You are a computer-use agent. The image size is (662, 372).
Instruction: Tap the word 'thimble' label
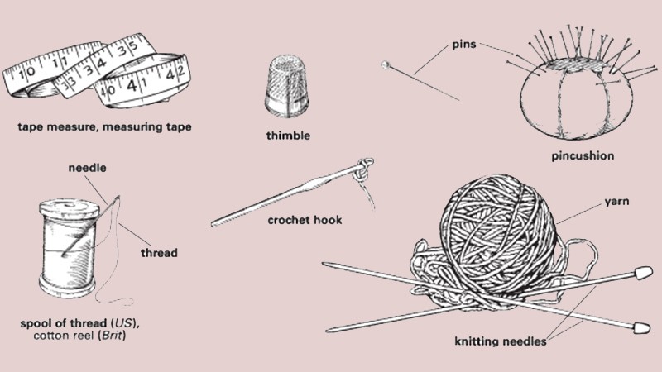pos(288,136)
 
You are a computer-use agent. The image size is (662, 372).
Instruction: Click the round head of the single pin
pos(385,64)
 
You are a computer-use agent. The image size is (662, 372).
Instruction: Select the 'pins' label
pos(464,45)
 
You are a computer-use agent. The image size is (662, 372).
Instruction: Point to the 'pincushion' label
pos(583,155)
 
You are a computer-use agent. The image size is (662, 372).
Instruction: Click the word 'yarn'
pos(616,202)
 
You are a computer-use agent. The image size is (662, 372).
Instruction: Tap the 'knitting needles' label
pos(501,341)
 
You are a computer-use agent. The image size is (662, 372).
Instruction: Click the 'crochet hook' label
pos(305,220)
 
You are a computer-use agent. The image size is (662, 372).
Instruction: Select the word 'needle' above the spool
pos(88,168)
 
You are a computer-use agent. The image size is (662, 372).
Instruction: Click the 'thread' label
pos(159,253)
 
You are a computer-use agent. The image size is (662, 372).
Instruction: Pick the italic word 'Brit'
pos(113,336)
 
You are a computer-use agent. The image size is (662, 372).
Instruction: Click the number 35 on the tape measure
pos(127,48)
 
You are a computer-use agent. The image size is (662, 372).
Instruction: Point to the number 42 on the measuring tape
pos(175,74)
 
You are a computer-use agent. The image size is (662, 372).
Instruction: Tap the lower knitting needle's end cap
pos(641,327)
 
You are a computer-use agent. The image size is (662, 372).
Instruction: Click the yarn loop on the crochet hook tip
pos(364,169)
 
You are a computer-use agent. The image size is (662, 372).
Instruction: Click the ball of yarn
pos(498,236)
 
